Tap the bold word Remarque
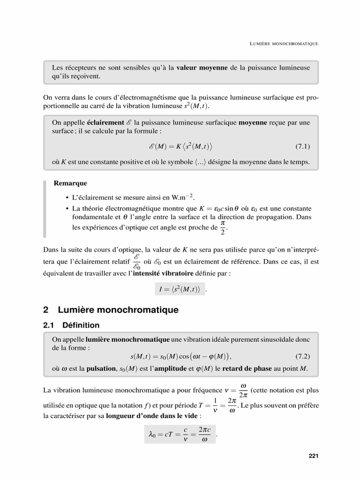click(x=71, y=183)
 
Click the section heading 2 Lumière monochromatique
click(x=111, y=310)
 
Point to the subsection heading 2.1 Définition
click(x=71, y=325)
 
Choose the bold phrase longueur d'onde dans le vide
click(x=153, y=416)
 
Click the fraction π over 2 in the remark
click(x=223, y=229)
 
